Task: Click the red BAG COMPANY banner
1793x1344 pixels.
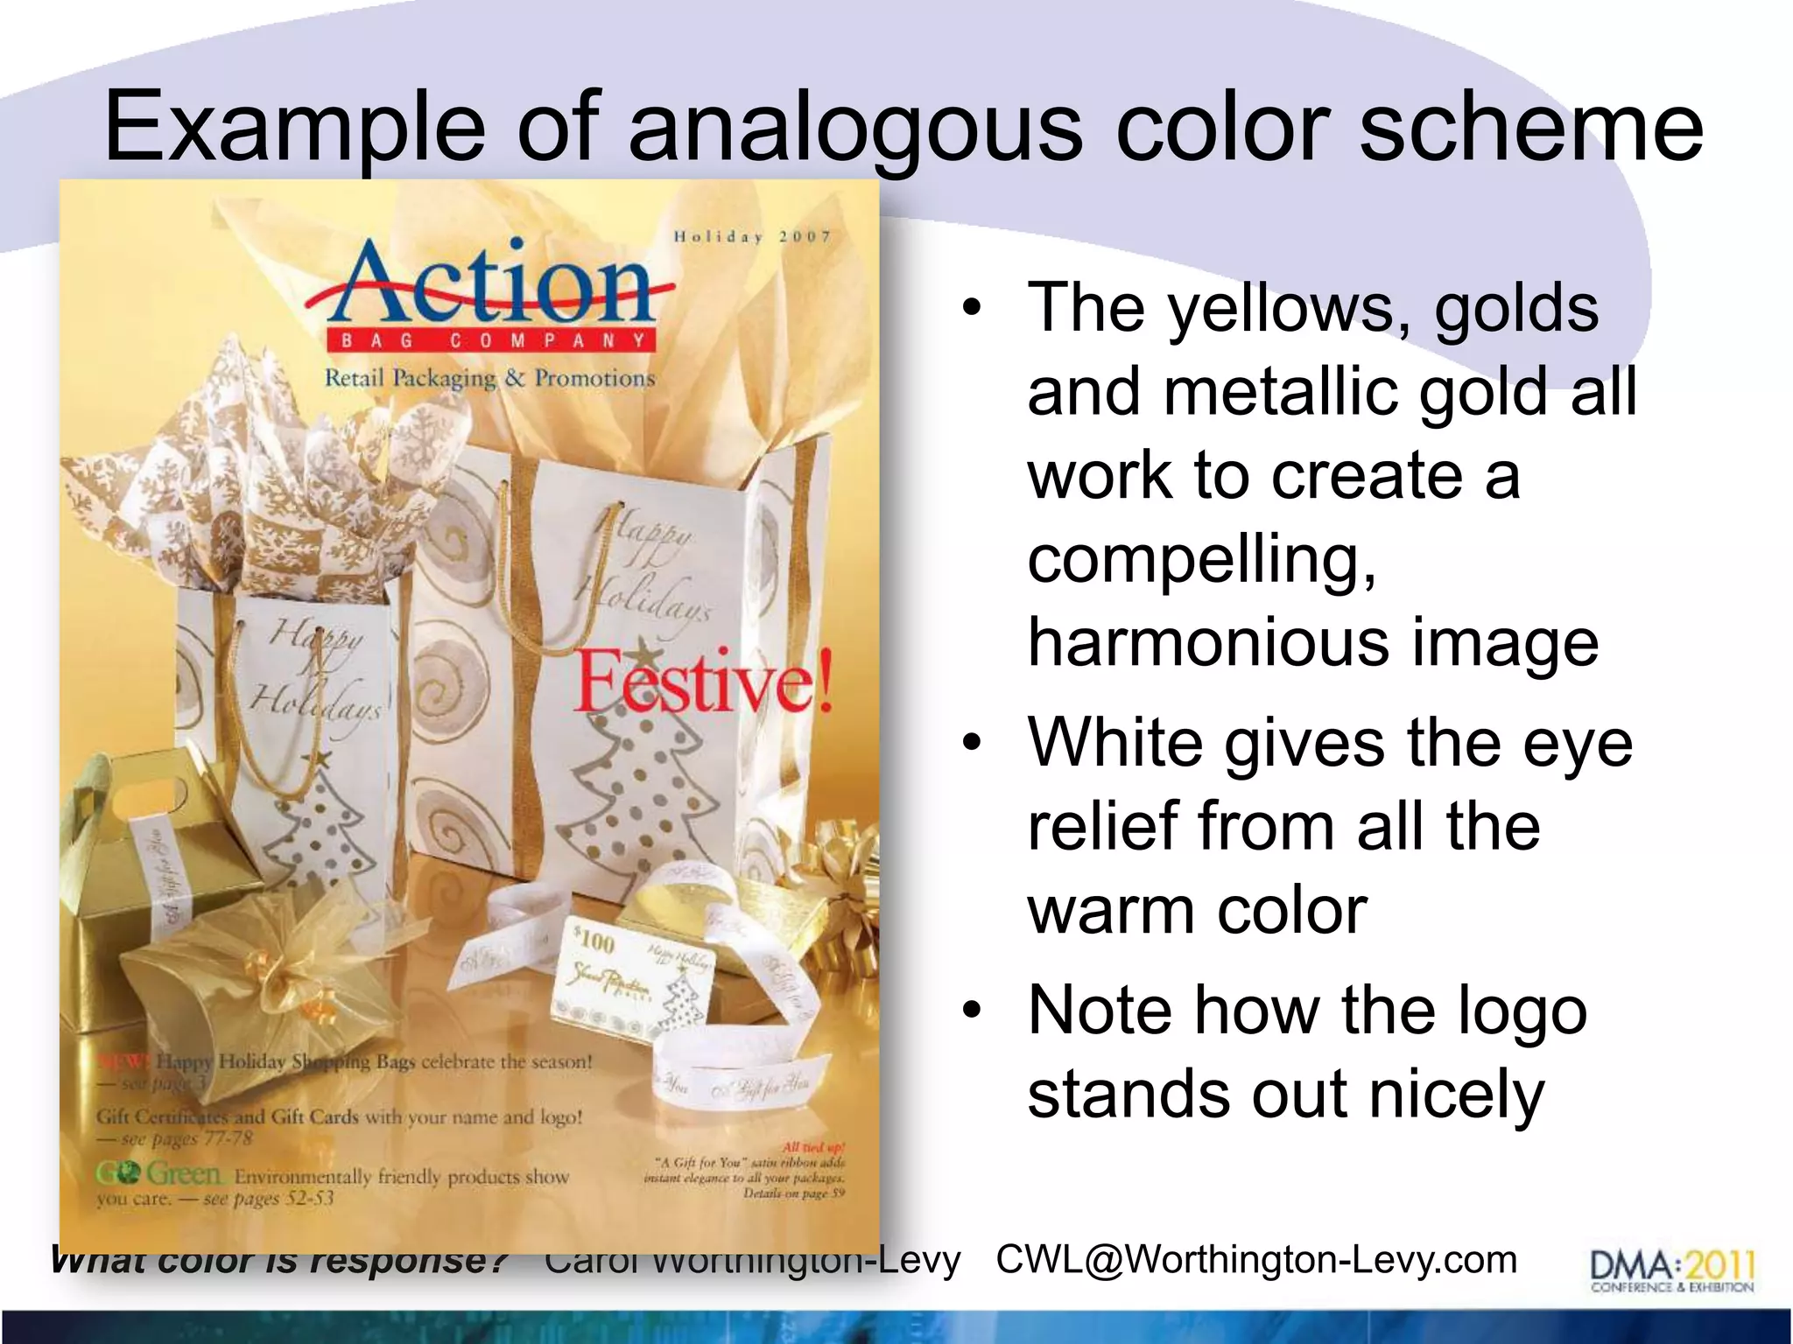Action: [491, 340]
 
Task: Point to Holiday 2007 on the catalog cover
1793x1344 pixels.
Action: [752, 237]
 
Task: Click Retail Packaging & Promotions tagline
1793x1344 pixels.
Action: [489, 379]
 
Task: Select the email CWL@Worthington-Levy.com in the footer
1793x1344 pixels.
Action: [1256, 1260]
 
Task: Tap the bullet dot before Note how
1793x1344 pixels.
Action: [970, 1011]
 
